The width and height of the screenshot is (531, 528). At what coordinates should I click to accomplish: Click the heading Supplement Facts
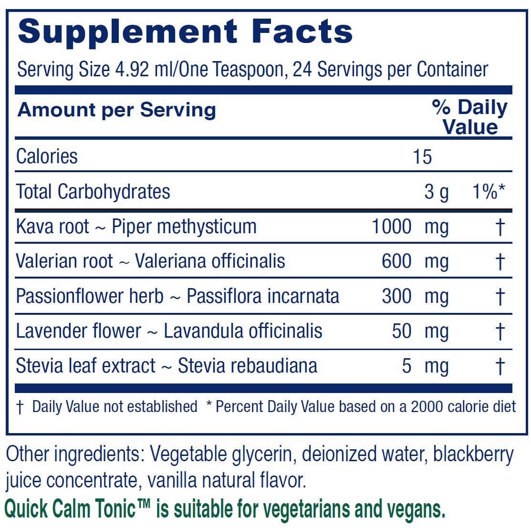pos(185,31)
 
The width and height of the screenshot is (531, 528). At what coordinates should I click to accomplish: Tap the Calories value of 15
pos(422,156)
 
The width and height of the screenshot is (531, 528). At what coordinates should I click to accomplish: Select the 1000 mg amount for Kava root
pos(410,227)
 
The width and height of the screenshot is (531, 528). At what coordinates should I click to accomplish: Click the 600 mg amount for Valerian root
pos(415,261)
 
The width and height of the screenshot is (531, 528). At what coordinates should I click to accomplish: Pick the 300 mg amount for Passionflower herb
pos(415,296)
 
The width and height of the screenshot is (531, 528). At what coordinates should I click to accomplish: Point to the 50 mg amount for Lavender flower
pos(420,331)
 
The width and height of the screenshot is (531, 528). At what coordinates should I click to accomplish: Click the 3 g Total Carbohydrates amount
pos(436,192)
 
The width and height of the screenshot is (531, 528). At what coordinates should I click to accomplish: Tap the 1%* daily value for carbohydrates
pos(488,192)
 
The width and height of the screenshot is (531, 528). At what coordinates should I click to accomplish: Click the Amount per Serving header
pos(117,110)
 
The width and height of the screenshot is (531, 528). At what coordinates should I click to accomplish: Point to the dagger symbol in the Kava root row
pos(500,227)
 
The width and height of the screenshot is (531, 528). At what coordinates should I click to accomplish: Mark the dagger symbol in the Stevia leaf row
pos(500,366)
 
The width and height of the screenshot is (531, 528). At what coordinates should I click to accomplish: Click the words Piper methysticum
pos(184,227)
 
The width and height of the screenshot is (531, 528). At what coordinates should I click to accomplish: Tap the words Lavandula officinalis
pos(243,331)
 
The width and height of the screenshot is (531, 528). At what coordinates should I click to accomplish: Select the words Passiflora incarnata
pos(262,296)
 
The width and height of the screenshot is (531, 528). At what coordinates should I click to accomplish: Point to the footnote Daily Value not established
pos(115,406)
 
